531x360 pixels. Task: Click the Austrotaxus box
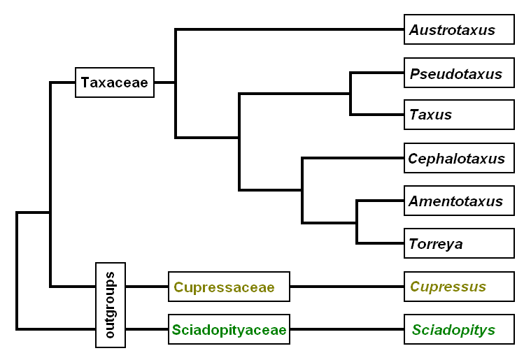(459, 30)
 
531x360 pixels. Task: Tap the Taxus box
(459, 115)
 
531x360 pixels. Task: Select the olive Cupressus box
(459, 287)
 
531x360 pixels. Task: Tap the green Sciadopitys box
(459, 329)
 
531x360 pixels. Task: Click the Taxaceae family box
(115, 82)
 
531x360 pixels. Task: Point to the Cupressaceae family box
(229, 287)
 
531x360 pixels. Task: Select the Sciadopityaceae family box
(229, 329)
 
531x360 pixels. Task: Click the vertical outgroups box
(111, 305)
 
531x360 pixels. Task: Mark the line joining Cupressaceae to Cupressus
(346, 287)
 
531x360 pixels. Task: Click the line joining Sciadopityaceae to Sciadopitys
(346, 329)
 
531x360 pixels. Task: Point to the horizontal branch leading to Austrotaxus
(290, 30)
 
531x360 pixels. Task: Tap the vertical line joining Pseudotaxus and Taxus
(351, 94)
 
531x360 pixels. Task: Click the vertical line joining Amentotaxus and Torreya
(357, 222)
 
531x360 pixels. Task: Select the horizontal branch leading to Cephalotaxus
(353, 159)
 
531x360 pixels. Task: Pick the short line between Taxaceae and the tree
(164, 82)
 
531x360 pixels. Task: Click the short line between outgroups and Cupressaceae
(147, 287)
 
